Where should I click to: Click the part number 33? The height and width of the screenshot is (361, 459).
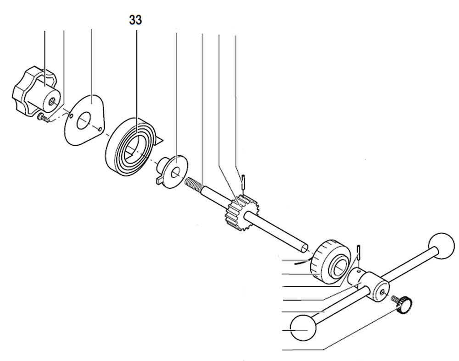135,20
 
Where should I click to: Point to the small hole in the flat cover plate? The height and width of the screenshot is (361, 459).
100,129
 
